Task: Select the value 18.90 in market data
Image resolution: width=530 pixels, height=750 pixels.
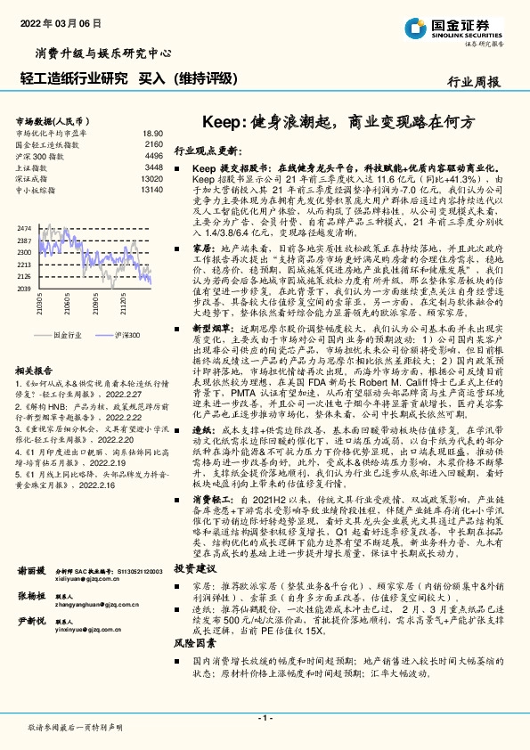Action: (x=152, y=131)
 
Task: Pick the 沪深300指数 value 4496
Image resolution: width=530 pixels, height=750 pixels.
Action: (x=153, y=155)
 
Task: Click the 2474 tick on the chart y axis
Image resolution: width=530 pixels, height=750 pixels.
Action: (x=24, y=229)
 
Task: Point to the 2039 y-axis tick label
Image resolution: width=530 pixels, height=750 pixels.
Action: (x=24, y=289)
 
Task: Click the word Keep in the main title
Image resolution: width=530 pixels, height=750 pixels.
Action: (x=221, y=119)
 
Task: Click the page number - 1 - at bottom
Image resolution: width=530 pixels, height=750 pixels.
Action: (x=265, y=717)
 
